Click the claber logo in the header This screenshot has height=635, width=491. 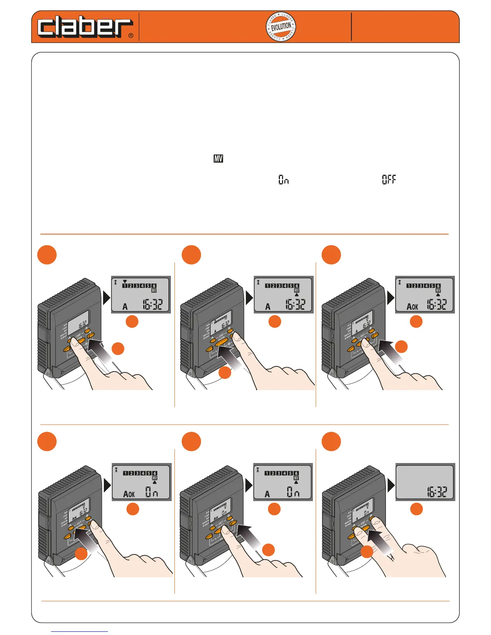(85, 28)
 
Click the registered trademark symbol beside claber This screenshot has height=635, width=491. (131, 36)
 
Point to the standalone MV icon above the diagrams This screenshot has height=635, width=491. (218, 159)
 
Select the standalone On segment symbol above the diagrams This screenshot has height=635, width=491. (284, 180)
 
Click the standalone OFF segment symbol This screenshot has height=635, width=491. (389, 180)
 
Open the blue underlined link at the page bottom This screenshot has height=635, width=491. (79, 631)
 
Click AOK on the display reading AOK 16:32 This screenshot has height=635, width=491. (412, 307)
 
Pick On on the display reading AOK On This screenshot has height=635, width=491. (152, 492)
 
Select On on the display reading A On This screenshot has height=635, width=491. (293, 492)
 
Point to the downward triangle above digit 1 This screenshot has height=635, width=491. (125, 281)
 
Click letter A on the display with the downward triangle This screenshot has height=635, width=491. (125, 307)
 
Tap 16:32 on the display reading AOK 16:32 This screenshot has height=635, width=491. (436, 305)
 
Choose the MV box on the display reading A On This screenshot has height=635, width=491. (296, 478)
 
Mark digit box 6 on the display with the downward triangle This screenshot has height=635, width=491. (154, 286)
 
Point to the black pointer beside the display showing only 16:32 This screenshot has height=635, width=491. (391, 486)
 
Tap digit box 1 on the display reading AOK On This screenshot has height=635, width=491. (126, 473)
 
